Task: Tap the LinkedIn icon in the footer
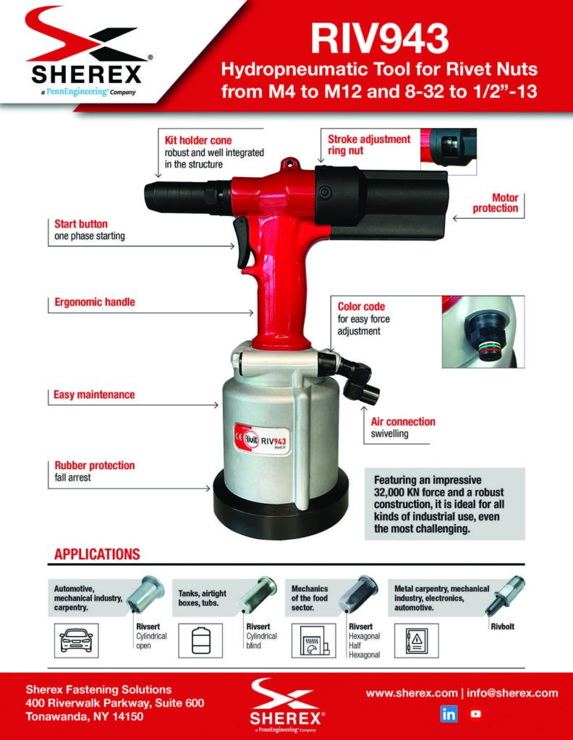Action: click(449, 714)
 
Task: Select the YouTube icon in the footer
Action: click(475, 714)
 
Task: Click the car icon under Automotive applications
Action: click(76, 640)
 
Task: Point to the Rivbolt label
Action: click(502, 627)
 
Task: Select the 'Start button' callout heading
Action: click(81, 224)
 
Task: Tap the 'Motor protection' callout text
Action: click(496, 202)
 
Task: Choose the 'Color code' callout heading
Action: click(361, 306)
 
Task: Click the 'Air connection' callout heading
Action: click(403, 421)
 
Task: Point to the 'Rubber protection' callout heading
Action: click(94, 465)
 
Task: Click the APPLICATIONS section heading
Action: click(97, 554)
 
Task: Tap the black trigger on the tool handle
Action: click(242, 243)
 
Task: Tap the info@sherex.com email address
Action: click(512, 693)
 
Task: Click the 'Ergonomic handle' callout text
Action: click(95, 302)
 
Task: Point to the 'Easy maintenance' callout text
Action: click(94, 395)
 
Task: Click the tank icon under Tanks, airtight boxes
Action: click(201, 640)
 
